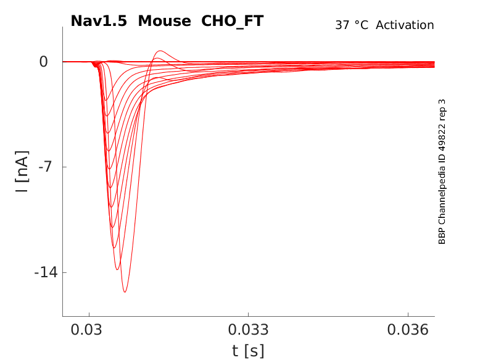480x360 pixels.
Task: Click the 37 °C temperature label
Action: coord(352,25)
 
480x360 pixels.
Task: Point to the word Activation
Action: coord(405,25)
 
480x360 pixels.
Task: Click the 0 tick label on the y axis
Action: coord(44,62)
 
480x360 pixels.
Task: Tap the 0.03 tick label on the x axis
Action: coord(89,331)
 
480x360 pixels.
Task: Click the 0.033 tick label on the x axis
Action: coord(248,331)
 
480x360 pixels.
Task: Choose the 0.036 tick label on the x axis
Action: coord(408,331)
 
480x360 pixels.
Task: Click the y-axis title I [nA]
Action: coord(22,171)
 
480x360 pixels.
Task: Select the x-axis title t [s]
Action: coord(248,351)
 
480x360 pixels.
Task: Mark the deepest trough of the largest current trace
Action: coord(125,291)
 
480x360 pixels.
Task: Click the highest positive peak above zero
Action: coord(160,51)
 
